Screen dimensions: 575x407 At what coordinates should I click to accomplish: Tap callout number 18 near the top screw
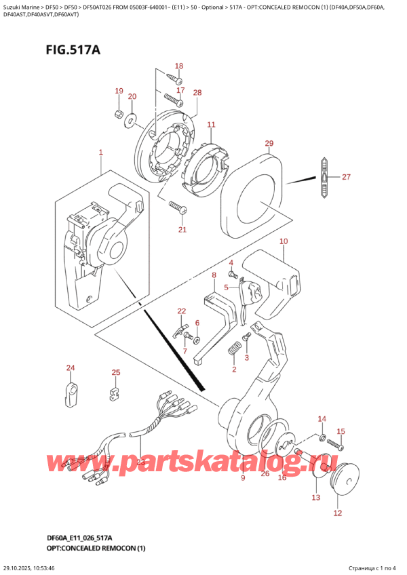coord(179,66)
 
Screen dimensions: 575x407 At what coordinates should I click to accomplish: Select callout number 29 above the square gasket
coord(269,144)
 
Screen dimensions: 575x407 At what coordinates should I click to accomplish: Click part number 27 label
coord(347,178)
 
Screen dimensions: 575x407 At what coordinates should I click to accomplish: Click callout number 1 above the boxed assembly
coord(100,153)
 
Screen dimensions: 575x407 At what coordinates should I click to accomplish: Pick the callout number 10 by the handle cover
coord(283,241)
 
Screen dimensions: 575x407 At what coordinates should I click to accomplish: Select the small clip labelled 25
coord(115,393)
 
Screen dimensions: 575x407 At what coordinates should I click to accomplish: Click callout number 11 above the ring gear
coord(211,125)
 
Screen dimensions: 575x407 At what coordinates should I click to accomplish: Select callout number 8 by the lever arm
coord(214,275)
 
